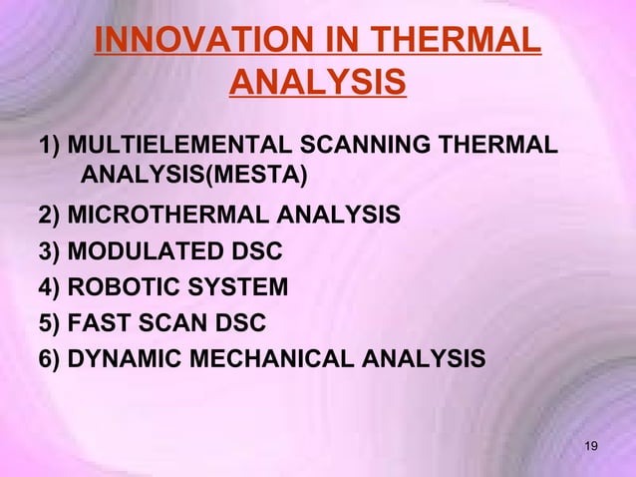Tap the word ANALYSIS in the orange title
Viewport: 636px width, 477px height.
(317, 83)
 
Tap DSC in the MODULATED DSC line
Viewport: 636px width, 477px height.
(255, 251)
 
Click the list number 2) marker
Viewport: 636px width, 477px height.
(50, 215)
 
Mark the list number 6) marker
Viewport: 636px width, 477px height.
(50, 358)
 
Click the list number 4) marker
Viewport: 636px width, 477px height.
(50, 287)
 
